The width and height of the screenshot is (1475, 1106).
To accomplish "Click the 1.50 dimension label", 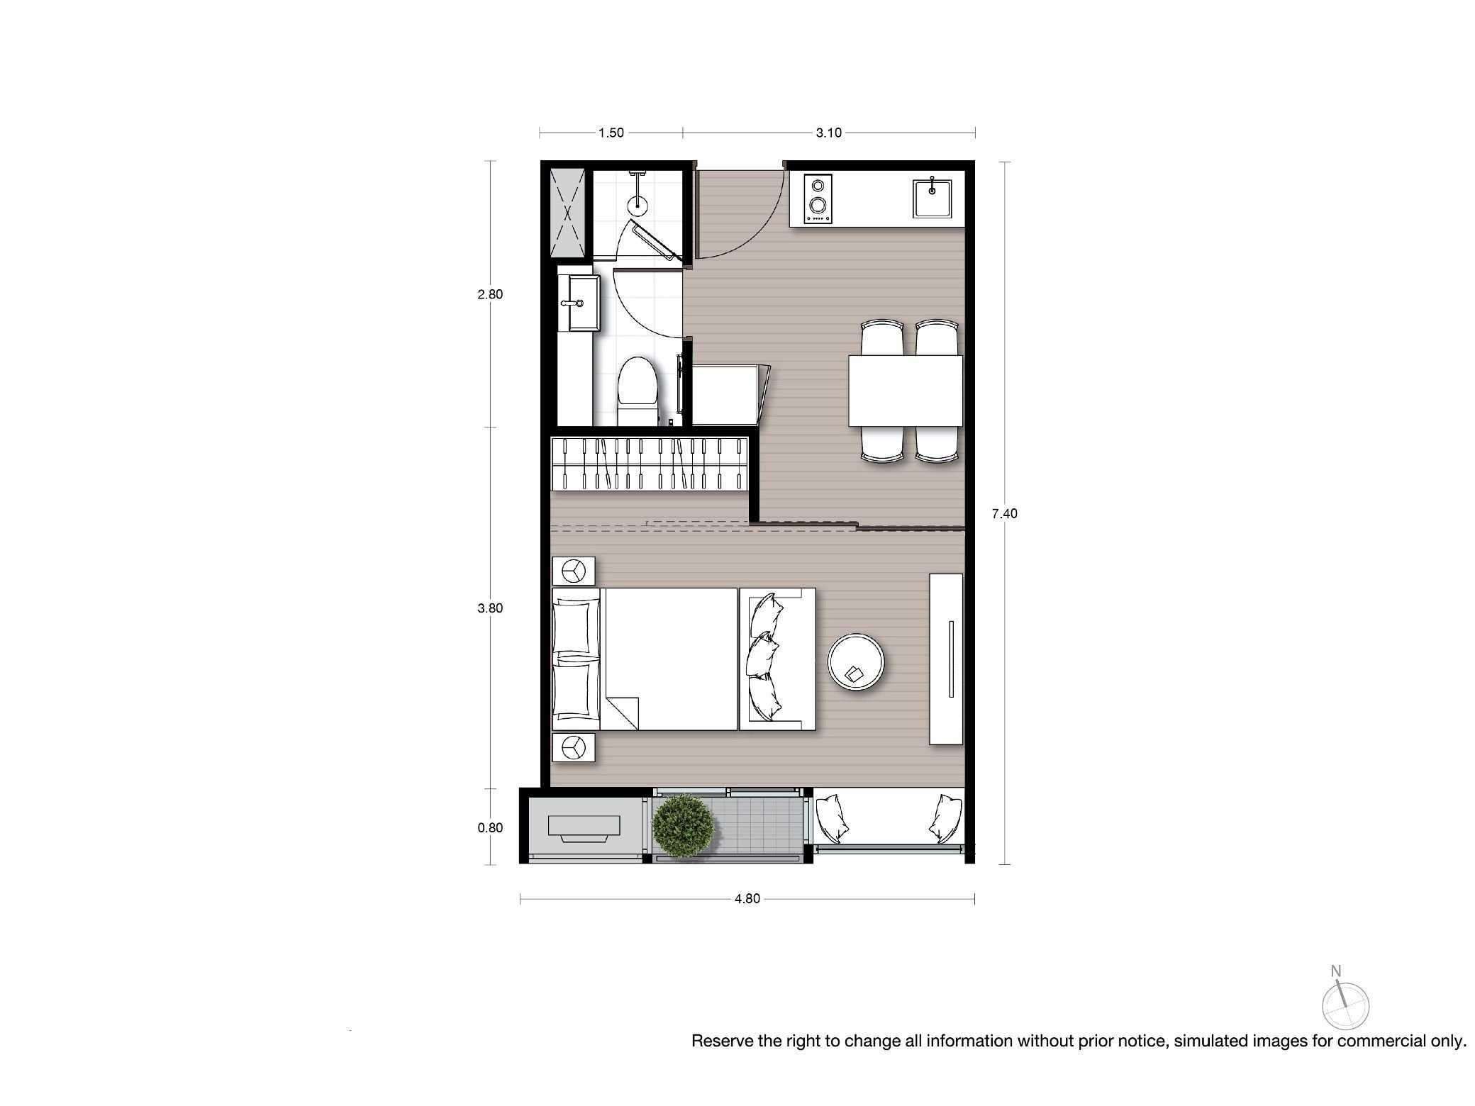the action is coord(611,133).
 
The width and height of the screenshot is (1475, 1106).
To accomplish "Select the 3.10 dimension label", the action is coord(828,133).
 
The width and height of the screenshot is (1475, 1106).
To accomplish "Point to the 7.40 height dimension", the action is coord(1004,514).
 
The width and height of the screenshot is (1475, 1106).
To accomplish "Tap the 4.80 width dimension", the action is coord(747,899).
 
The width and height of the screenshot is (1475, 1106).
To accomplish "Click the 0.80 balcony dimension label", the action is coord(490,828).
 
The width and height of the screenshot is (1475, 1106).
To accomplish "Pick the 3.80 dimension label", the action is coord(490,608).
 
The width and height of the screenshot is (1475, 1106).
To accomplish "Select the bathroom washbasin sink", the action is coord(579,303).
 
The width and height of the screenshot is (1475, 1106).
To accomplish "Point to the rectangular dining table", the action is coord(906,391).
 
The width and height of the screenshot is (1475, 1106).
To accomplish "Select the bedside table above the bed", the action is coord(574,571).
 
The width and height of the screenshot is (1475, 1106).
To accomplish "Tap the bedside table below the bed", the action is coord(574,747).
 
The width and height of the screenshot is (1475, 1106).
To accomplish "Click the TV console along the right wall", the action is coord(947,659).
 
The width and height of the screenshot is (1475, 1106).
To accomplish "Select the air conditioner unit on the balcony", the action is coord(584,828).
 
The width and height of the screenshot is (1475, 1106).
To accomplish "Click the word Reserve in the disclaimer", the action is coord(720,1041).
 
